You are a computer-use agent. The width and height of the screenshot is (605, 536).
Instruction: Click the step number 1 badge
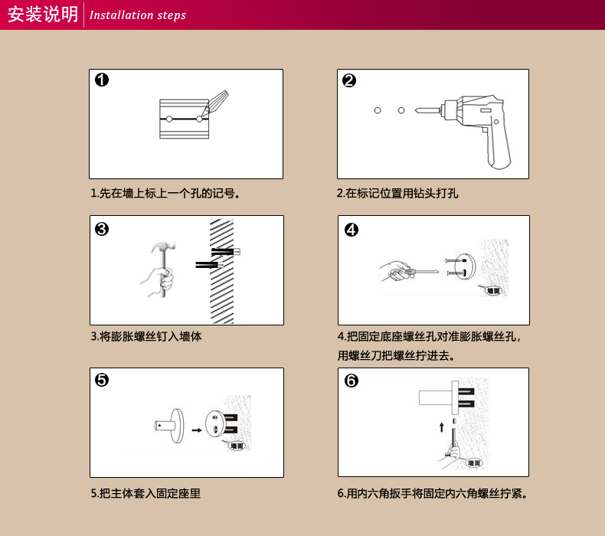[x=102, y=80]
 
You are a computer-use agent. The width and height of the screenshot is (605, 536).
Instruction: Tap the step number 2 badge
[x=349, y=80]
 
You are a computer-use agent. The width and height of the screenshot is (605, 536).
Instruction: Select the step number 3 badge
[x=102, y=229]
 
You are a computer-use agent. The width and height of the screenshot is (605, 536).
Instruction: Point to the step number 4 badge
[x=351, y=230]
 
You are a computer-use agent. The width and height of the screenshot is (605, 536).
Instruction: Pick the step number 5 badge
[x=102, y=380]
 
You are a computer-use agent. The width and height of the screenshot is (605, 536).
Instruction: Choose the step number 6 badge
[x=351, y=381]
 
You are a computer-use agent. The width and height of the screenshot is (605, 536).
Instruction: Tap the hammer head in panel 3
[x=164, y=247]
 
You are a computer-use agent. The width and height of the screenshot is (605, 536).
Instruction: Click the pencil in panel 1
[x=214, y=103]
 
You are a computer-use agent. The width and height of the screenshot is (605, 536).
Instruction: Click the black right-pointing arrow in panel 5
[x=197, y=430]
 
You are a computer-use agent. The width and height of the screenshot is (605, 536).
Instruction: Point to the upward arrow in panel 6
[x=442, y=427]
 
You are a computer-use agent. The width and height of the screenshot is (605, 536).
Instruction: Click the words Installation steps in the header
[x=138, y=15]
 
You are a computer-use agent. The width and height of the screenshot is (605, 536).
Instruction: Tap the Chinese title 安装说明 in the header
[x=43, y=15]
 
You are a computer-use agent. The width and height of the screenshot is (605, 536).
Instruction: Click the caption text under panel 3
[x=146, y=336]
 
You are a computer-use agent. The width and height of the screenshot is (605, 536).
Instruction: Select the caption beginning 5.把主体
[x=146, y=493]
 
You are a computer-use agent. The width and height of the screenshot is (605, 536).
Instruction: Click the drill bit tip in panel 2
[x=416, y=111]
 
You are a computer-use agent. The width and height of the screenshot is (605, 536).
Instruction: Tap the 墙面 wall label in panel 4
[x=493, y=290]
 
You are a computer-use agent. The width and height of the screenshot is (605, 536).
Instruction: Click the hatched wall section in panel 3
[x=222, y=271]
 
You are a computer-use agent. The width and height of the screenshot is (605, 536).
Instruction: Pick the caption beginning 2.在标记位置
[x=397, y=193]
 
